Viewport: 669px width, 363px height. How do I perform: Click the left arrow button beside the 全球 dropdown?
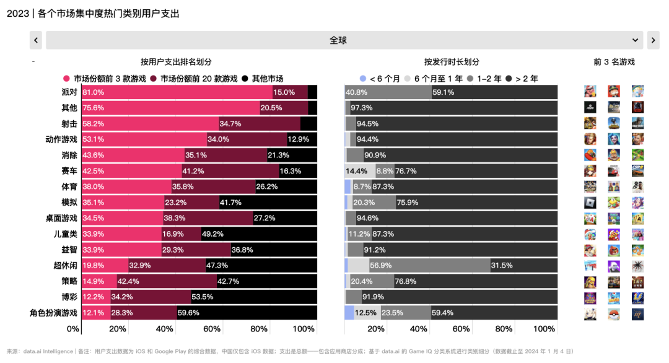pyautogui.click(x=36, y=40)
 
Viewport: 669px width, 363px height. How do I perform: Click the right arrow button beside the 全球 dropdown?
pyautogui.click(x=653, y=40)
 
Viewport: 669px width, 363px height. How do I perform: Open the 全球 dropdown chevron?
pyautogui.click(x=635, y=40)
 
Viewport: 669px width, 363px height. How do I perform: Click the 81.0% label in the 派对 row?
pyautogui.click(x=94, y=92)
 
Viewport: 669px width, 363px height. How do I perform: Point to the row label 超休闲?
pyautogui.click(x=66, y=266)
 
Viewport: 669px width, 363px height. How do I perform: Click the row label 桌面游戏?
pyautogui.click(x=61, y=218)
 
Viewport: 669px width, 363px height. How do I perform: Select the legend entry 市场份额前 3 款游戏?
pyautogui.click(x=105, y=79)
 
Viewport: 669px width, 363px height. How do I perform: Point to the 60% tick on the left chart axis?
pyautogui.click(x=212, y=328)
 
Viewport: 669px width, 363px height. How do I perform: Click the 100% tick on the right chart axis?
pyautogui.click(x=544, y=328)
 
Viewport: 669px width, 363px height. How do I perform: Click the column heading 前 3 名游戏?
pyautogui.click(x=614, y=62)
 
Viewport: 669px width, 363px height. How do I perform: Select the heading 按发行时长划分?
pyautogui.click(x=452, y=62)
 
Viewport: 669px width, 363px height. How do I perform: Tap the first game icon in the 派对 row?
pyautogui.click(x=590, y=92)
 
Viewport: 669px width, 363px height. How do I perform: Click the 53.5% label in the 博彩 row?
pyautogui.click(x=203, y=297)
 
